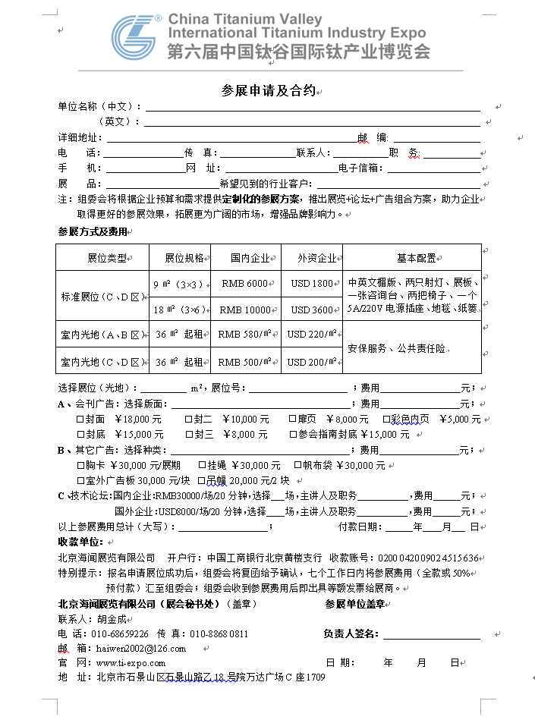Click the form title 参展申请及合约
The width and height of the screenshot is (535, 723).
point(268,90)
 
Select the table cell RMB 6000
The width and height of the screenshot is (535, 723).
point(245,284)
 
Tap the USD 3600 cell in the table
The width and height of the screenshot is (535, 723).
point(312,310)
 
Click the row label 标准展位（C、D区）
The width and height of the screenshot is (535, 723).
point(102,296)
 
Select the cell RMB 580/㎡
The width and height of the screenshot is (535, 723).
point(245,335)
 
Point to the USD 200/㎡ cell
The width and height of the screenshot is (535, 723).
point(312,362)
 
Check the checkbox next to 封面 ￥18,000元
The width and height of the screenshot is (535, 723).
point(81,420)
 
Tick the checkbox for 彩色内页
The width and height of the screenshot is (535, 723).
point(386,420)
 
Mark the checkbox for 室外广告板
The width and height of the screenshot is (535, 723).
point(81,481)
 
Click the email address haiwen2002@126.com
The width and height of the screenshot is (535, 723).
point(141,649)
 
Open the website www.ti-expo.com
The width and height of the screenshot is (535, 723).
point(131,663)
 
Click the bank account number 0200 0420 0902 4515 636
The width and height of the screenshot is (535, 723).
point(428,558)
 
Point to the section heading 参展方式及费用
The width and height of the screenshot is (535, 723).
point(93,231)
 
